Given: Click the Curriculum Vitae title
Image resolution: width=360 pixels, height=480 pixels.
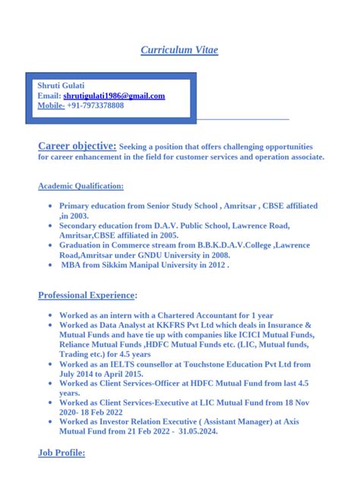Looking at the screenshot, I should pos(179,51).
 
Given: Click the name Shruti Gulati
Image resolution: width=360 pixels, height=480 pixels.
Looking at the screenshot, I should pos(62,86).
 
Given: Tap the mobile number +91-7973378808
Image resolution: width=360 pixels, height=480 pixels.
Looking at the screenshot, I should pos(96,106).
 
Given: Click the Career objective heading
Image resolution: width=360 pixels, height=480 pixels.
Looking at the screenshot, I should pos(77,145).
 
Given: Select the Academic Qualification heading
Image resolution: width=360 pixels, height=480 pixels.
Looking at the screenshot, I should pos(81,185).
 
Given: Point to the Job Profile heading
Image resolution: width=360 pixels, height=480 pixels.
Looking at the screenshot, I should pos(62,453).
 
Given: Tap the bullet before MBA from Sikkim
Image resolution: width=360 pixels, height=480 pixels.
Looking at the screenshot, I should pos(50,266).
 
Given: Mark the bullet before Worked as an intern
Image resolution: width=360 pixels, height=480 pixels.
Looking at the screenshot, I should pos(50,315).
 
